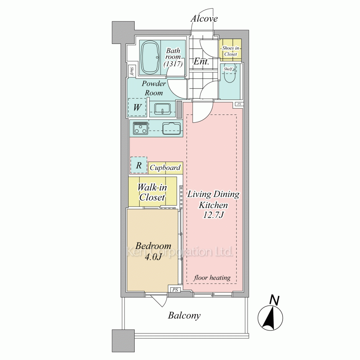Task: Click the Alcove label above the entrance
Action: pos(204,18)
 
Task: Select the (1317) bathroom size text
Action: pos(173,63)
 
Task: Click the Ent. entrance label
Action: pos(201,61)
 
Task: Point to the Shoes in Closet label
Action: pos(230,51)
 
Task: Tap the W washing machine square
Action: pos(137,107)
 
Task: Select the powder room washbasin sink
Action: pos(163,109)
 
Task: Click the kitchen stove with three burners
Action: pos(140,128)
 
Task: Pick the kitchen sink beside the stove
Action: pos(171,129)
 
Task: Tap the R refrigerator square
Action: pos(139,165)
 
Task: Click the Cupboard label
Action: pos(165,168)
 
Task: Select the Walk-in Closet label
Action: pos(152,192)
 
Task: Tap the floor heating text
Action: pos(212,278)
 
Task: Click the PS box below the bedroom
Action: pos(175,290)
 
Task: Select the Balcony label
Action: pos(184,315)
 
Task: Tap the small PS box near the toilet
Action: pos(239,104)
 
